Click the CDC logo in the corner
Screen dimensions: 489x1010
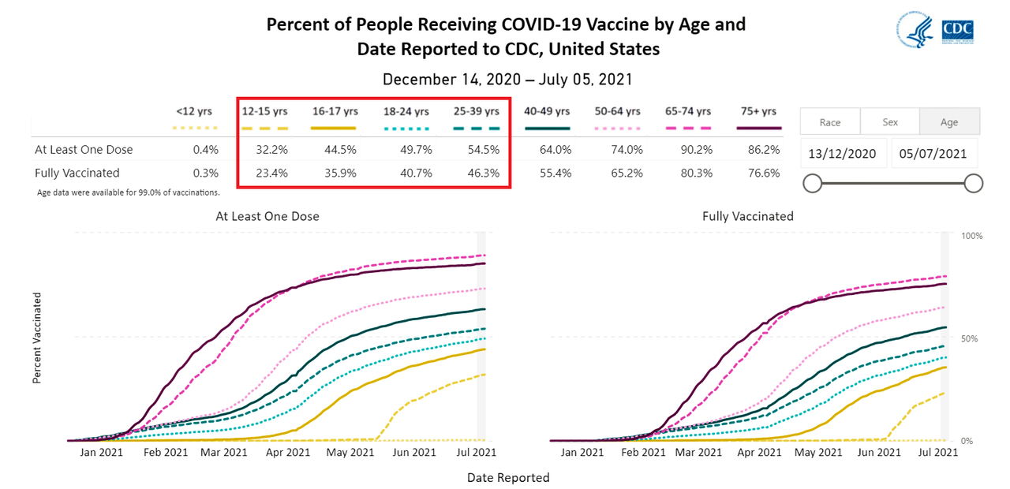point(957,31)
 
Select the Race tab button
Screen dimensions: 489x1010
point(829,122)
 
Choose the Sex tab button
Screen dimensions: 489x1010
point(889,122)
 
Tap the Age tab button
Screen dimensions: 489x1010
point(949,122)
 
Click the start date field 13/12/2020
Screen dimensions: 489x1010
point(842,154)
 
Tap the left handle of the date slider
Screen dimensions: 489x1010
point(812,184)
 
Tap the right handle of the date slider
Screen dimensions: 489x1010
point(973,184)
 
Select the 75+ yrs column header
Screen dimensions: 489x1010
point(758,111)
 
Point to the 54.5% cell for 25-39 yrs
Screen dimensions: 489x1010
point(483,150)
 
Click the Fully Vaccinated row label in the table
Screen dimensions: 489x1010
point(77,173)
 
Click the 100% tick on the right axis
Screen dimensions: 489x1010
point(971,236)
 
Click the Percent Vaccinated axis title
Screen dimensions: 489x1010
point(37,338)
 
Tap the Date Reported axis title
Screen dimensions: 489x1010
point(508,477)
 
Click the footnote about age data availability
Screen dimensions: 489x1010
point(128,192)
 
